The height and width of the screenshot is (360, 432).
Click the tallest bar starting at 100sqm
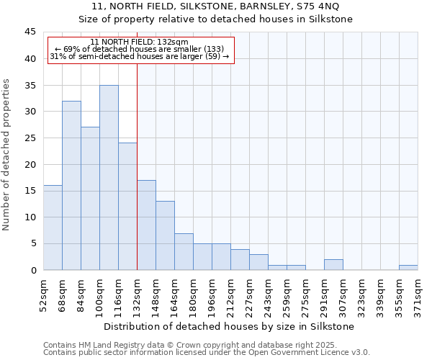tap(109, 178)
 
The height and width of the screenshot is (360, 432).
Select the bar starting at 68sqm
tap(71, 186)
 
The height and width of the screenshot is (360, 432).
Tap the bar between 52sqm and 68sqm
tap(53, 228)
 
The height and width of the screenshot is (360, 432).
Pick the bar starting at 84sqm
tap(90, 199)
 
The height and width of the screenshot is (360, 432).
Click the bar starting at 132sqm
tap(146, 225)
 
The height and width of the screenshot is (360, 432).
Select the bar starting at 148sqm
tap(165, 235)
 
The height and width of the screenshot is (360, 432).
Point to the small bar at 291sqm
tap(333, 265)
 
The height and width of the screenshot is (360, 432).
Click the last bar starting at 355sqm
tap(408, 268)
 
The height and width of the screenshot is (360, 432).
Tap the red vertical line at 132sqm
tap(137, 166)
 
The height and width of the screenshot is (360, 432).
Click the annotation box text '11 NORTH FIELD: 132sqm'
tap(140, 42)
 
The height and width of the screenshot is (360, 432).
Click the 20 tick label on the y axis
tap(30, 164)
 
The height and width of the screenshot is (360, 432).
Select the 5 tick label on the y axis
tap(32, 243)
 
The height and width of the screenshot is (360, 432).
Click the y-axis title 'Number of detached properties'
tap(7, 155)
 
